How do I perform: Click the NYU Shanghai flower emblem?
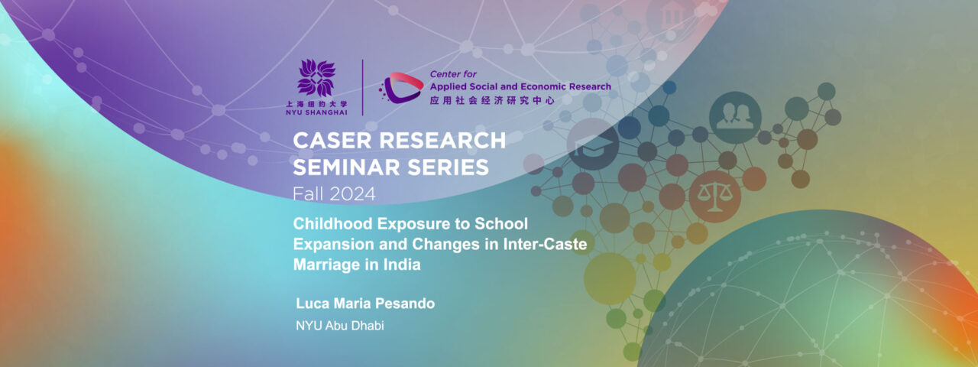(316, 77)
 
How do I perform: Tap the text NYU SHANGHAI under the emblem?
(316, 112)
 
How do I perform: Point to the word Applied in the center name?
(448, 86)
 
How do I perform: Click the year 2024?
(354, 194)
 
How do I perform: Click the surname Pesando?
(403, 304)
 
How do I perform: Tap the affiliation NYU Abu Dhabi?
(339, 326)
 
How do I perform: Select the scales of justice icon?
(714, 196)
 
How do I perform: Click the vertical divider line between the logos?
(362, 87)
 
